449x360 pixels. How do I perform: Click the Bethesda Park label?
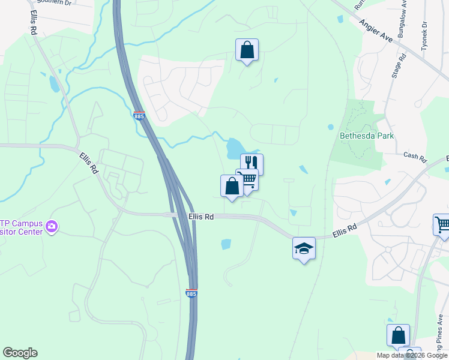367,136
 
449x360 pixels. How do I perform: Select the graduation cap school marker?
304,248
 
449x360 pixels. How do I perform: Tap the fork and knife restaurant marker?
252,163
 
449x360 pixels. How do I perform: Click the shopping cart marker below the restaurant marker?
247,179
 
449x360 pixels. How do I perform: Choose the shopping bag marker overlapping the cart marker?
232,185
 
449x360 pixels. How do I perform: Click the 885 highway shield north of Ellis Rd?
139,116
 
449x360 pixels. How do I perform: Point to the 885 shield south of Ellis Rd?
191,293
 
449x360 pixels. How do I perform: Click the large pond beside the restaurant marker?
234,147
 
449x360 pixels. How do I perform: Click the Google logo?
20,353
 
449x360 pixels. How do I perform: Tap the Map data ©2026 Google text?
412,355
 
